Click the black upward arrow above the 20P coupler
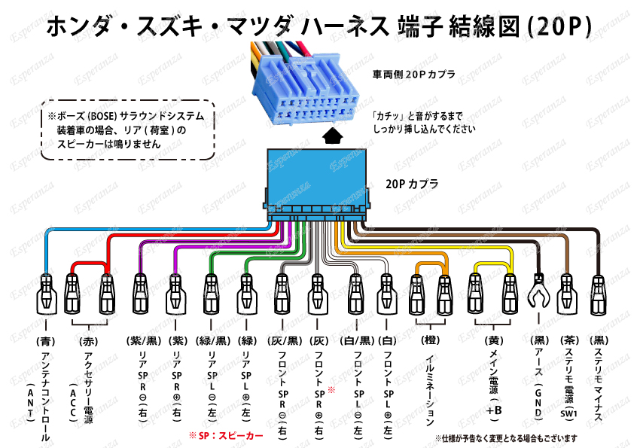(333, 136)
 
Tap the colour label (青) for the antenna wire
(45, 340)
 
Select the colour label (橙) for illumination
(429, 340)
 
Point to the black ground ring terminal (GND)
(539, 292)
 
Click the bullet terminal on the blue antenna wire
(45, 295)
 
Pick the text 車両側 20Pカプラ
(413, 75)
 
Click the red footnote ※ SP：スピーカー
(226, 436)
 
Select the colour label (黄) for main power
(492, 340)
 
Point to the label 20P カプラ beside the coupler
(412, 183)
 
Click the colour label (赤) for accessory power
(87, 340)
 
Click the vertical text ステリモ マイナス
(598, 384)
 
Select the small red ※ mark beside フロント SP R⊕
(331, 390)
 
